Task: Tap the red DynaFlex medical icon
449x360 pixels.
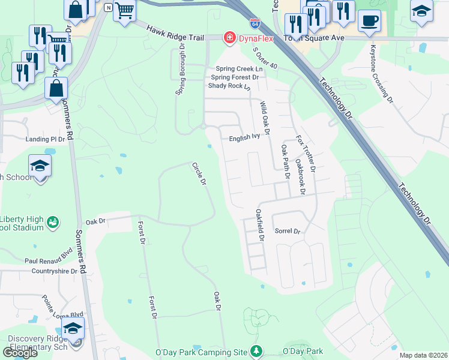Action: pyautogui.click(x=228, y=38)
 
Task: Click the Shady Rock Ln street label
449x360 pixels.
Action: pyautogui.click(x=229, y=86)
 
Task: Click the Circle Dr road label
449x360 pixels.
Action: pyautogui.click(x=199, y=173)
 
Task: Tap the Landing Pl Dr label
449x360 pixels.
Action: pyautogui.click(x=45, y=139)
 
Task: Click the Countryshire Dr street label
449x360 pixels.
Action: pyautogui.click(x=51, y=271)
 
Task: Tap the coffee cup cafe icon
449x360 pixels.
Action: pyautogui.click(x=369, y=21)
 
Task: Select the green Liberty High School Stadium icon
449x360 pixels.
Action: pyautogui.click(x=53, y=222)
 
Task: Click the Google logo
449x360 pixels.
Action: pyautogui.click(x=20, y=353)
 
